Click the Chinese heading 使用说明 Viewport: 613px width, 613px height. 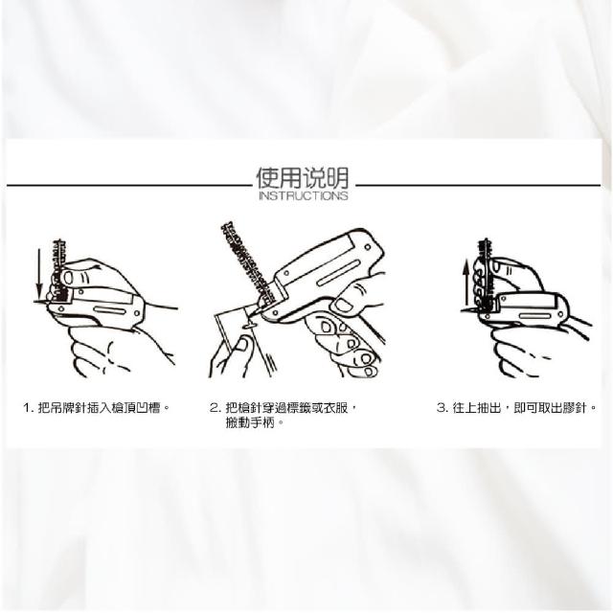(x=303, y=178)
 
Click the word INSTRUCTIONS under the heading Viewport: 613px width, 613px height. (x=304, y=195)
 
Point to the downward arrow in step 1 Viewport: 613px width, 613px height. (x=39, y=276)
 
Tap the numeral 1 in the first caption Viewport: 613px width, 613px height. (x=27, y=408)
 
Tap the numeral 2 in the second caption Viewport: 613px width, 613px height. (x=214, y=408)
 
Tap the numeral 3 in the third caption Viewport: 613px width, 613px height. (x=441, y=408)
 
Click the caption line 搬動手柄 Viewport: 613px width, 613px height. (x=250, y=422)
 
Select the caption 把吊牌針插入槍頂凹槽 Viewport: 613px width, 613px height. (x=100, y=408)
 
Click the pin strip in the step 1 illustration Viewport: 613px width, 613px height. (x=59, y=270)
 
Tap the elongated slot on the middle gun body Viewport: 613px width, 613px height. (x=338, y=273)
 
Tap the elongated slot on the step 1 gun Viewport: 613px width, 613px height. (x=109, y=310)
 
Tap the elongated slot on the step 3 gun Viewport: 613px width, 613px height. (x=535, y=315)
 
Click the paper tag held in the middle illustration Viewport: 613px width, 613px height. (x=242, y=336)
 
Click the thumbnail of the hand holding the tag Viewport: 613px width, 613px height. (x=242, y=344)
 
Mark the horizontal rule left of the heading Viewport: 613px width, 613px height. (x=129, y=185)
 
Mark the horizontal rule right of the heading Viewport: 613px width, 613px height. (x=478, y=185)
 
